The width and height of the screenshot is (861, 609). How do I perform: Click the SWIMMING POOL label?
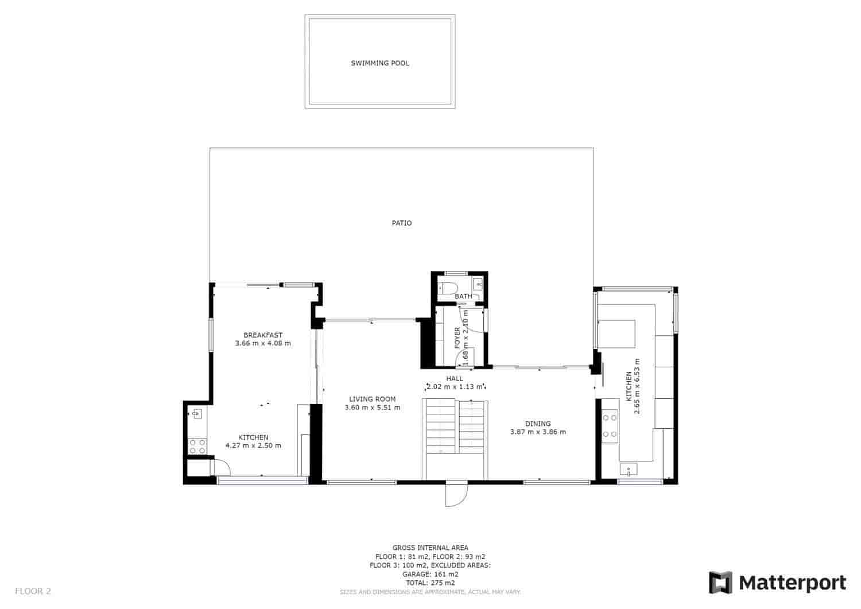coord(380,63)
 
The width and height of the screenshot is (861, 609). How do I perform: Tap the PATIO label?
coord(402,223)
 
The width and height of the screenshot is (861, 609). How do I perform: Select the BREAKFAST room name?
coord(263,335)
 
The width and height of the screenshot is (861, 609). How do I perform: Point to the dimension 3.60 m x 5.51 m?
coord(372,408)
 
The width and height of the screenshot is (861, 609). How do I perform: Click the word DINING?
coord(538,424)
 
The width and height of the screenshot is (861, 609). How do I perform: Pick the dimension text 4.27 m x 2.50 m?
coord(253,445)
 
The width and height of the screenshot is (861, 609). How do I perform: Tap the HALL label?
coord(455,378)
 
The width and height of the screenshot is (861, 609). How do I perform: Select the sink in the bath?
coord(478,284)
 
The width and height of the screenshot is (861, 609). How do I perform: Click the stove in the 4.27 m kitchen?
coord(197,447)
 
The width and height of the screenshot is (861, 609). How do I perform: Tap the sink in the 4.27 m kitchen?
coord(197,413)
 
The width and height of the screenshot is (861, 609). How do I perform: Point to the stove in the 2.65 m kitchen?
coord(610,426)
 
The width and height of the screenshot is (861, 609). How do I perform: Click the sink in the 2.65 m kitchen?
coord(629,471)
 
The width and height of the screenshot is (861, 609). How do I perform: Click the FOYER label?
coord(457,338)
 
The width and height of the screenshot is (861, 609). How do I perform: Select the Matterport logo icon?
coord(721,583)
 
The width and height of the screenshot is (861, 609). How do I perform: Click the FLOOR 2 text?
coord(33,591)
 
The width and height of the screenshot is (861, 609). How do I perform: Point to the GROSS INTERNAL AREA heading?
coord(430,548)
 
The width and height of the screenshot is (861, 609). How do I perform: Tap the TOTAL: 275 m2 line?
coord(430,583)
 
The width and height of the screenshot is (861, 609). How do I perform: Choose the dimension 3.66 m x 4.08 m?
coord(263,343)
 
